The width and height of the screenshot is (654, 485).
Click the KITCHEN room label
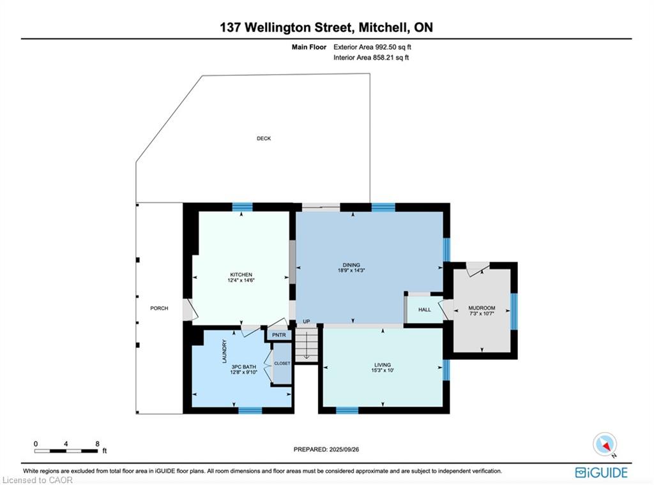point(241,274)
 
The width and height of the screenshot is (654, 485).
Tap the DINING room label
point(351,265)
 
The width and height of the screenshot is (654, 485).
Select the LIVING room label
point(383,365)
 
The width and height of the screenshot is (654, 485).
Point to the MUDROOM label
point(482,308)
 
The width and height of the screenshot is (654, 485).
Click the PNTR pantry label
point(278,335)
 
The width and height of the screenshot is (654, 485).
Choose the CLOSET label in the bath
point(282,363)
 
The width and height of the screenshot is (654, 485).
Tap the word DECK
point(264,138)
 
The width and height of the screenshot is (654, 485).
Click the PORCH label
point(159,308)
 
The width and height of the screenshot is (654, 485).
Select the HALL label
point(425,310)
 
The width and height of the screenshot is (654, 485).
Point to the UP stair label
point(307,321)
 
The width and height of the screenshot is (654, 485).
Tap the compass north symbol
point(604,444)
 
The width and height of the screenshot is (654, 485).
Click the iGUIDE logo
point(601,473)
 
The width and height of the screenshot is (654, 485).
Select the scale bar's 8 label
point(96,444)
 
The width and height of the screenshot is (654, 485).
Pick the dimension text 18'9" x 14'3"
point(351,271)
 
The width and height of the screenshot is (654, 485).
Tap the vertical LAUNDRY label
point(224,351)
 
